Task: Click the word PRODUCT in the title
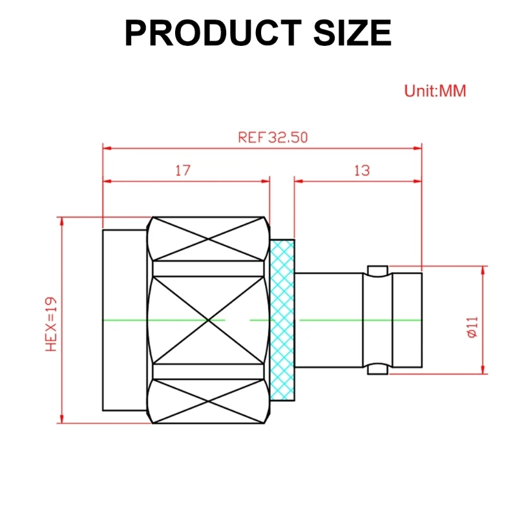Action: click(x=212, y=32)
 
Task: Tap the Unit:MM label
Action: click(x=435, y=90)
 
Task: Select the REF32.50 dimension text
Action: click(x=273, y=138)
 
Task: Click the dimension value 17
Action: click(x=183, y=171)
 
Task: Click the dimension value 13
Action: click(x=362, y=171)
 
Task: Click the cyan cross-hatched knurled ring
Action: click(x=282, y=320)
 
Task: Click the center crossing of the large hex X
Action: click(x=209, y=320)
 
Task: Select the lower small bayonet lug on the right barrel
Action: click(x=377, y=370)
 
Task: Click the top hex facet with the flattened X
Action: click(x=209, y=238)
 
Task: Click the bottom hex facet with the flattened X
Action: click(x=209, y=401)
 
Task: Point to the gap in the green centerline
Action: click(x=237, y=320)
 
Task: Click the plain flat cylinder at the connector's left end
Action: click(x=124, y=320)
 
